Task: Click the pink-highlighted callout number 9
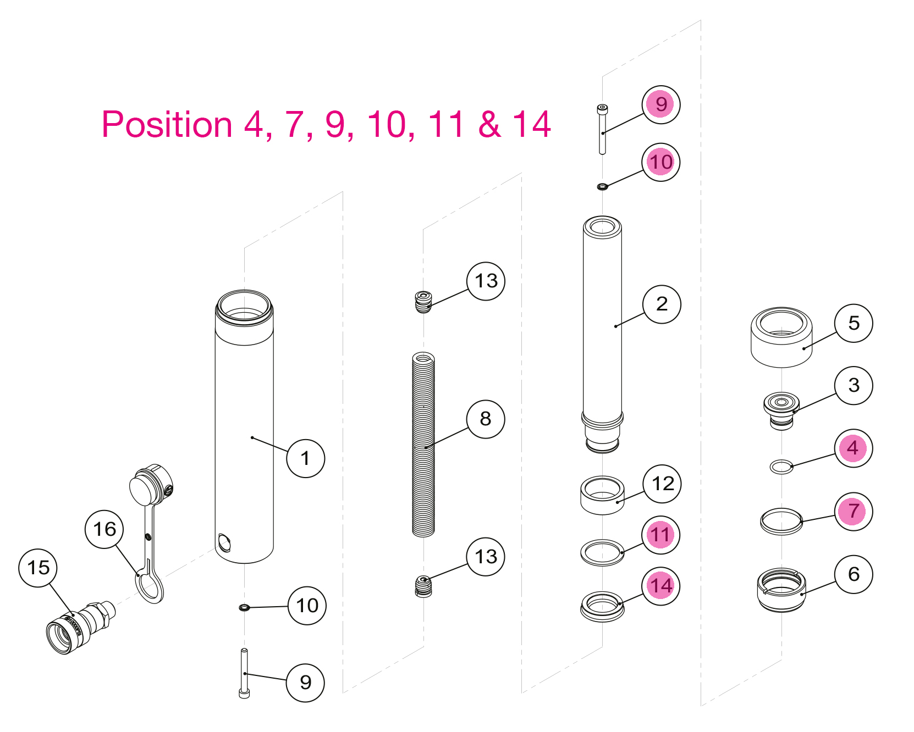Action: tap(661, 104)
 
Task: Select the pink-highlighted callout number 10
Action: tap(661, 162)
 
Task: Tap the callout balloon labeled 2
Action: tap(662, 304)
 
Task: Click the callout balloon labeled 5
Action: tap(854, 323)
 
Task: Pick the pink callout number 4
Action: tap(854, 448)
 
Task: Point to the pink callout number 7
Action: tap(854, 511)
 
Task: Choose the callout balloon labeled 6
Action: tap(854, 574)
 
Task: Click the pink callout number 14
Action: tap(662, 586)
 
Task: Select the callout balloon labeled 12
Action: tap(663, 484)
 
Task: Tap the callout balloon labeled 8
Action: tap(486, 419)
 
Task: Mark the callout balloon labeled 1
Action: tap(306, 458)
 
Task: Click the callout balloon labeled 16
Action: tap(104, 529)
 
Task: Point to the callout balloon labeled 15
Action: tap(38, 568)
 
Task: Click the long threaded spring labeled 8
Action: tap(423, 445)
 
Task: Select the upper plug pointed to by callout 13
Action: tap(423, 302)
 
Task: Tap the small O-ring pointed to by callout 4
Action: tap(781, 467)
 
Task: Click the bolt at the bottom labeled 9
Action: tap(244, 673)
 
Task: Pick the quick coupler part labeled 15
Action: tap(80, 627)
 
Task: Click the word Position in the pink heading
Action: tap(167, 124)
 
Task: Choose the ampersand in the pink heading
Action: tap(489, 124)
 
